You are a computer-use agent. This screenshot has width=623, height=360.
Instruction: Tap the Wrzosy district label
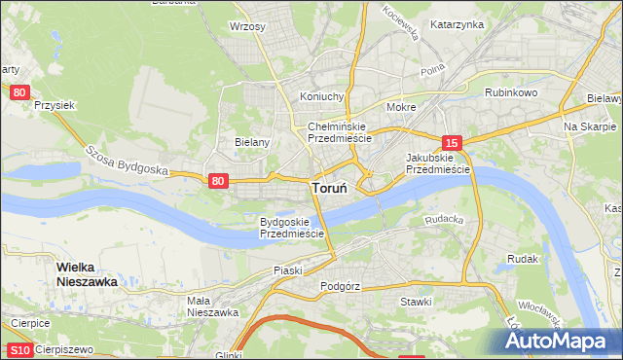(x=247, y=26)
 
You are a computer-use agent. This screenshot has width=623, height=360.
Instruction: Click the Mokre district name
(x=401, y=107)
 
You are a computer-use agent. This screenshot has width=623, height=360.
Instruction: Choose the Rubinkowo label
(x=512, y=92)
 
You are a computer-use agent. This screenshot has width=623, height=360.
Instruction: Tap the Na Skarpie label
(x=591, y=127)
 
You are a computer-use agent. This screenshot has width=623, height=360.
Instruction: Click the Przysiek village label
(x=55, y=104)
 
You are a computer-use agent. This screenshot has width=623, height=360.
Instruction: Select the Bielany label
(x=251, y=141)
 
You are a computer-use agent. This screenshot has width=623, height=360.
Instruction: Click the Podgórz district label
(x=340, y=287)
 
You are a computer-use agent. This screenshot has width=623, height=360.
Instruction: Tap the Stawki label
(x=416, y=302)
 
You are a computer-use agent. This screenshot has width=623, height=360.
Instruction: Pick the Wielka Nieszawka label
(x=87, y=273)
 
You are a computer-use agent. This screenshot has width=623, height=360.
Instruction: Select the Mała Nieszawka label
(x=212, y=306)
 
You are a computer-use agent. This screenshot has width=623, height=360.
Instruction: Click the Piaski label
(x=288, y=270)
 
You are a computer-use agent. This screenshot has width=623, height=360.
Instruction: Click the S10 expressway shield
(x=19, y=349)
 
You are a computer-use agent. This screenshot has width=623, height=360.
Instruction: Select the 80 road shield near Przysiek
(x=19, y=92)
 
